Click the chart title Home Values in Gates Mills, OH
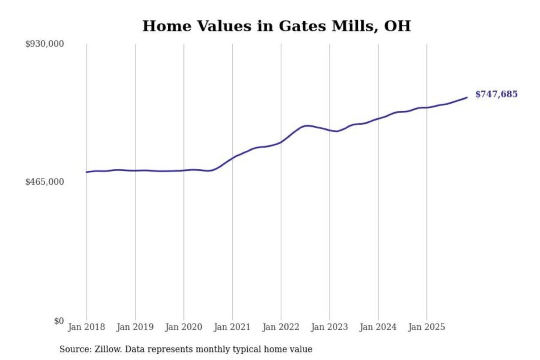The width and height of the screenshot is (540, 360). (277, 26)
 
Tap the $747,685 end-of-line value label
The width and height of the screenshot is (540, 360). (496, 94)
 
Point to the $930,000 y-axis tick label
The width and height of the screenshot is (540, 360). (45, 44)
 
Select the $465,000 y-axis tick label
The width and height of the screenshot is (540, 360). (45, 182)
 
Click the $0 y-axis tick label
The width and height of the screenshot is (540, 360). (58, 321)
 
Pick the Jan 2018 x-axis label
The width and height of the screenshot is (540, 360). (86, 327)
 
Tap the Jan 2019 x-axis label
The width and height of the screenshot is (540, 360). (135, 327)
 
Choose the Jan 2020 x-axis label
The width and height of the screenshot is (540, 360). (183, 327)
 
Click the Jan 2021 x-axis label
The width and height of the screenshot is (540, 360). (232, 327)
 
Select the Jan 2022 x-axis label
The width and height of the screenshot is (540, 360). (281, 327)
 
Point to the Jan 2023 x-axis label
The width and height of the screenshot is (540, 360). (329, 327)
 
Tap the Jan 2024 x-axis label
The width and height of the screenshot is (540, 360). (378, 327)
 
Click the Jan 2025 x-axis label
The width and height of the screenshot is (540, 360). (426, 327)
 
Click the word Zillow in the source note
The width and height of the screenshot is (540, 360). (108, 349)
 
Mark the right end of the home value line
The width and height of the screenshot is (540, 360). (467, 97)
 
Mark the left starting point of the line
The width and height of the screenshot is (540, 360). (87, 172)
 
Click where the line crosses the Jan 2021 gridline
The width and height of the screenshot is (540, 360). (232, 158)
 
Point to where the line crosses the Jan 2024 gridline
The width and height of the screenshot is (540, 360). (378, 118)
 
